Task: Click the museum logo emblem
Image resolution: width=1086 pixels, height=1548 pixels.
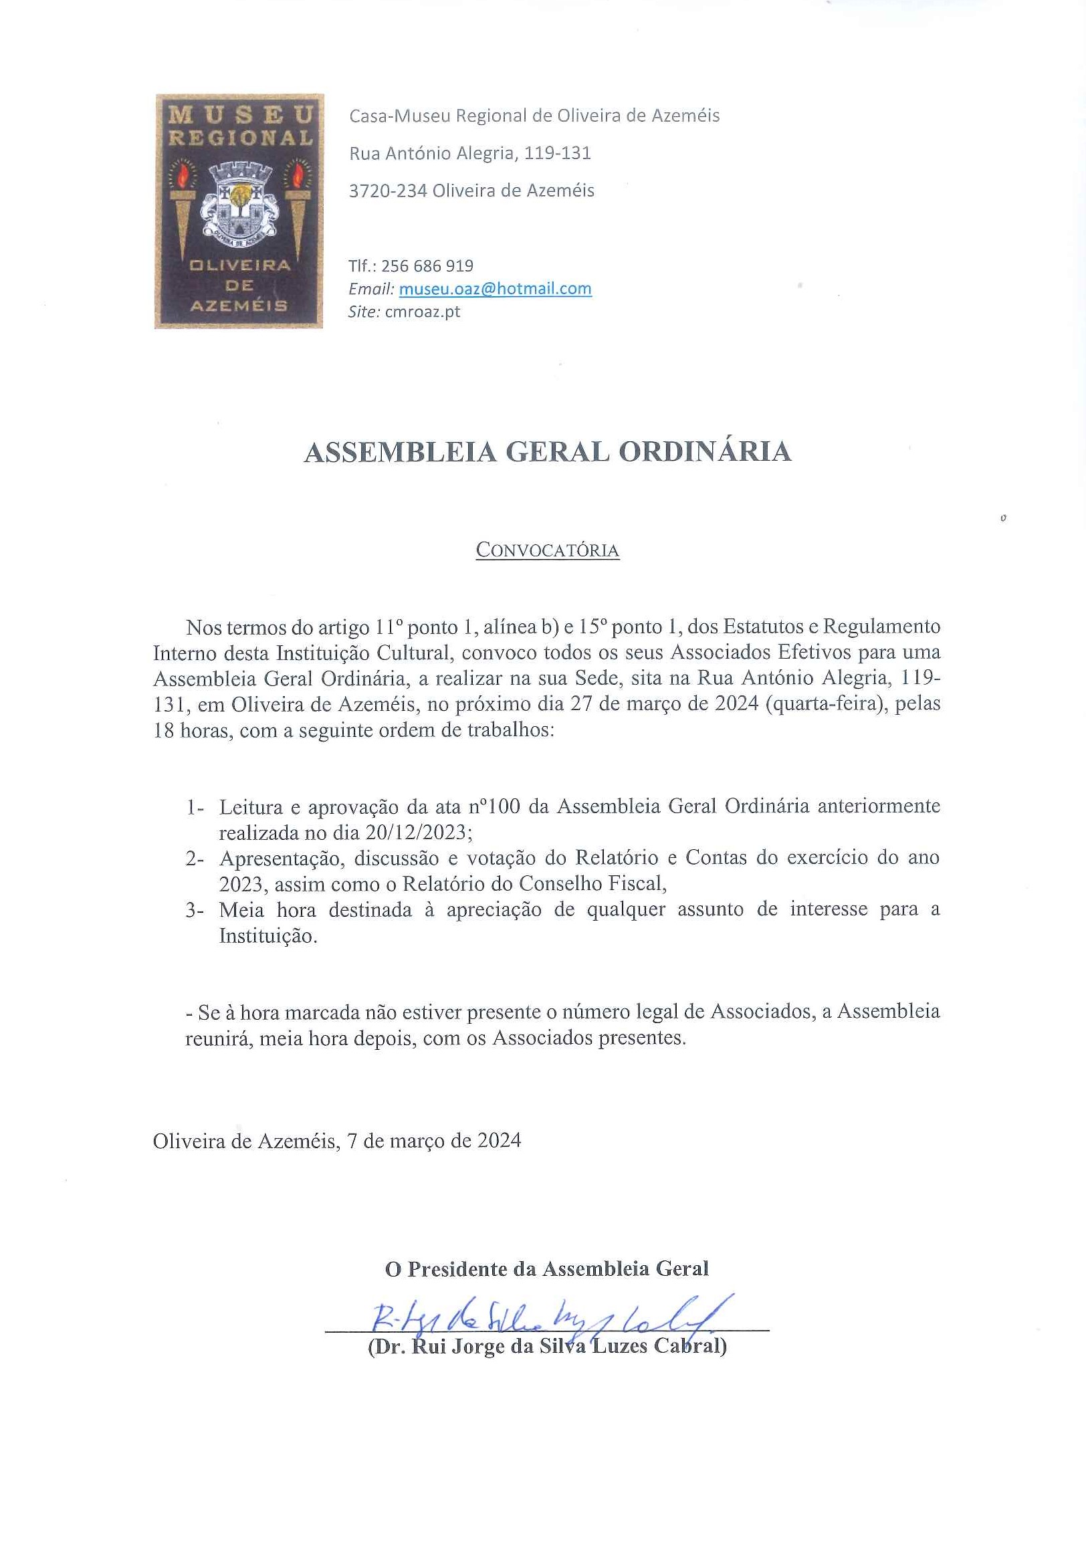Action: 239,211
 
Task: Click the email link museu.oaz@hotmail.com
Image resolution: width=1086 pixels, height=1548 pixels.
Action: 495,289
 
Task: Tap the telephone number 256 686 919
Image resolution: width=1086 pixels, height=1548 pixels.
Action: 427,265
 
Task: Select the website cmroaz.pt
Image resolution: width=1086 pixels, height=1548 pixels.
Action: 422,312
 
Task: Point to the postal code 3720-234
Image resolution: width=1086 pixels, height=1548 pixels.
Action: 388,191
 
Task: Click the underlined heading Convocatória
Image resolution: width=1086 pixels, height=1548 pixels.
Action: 547,550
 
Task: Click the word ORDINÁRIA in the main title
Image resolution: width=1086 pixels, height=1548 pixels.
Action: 704,452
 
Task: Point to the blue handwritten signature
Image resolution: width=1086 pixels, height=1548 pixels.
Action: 550,1315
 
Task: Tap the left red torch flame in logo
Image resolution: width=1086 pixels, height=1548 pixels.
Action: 182,175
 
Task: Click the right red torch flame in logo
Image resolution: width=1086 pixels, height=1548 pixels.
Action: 297,175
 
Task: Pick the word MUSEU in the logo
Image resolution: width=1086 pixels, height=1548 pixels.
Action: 240,114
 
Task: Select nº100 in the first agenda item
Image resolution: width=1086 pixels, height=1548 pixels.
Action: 494,806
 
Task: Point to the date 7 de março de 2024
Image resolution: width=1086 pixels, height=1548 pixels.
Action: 433,1140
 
